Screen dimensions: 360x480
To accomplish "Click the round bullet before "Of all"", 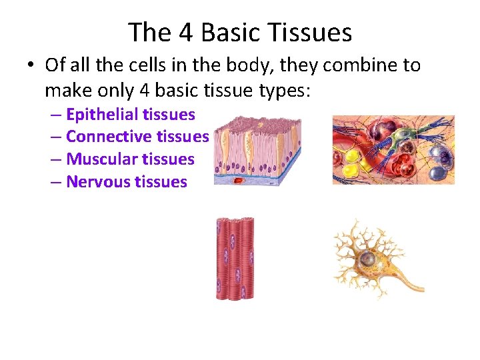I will (x=31, y=66).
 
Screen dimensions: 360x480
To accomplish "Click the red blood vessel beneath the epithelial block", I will (x=237, y=180).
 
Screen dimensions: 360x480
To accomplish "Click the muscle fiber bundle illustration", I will (x=235, y=258).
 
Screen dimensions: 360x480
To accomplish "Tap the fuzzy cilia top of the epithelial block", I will (x=257, y=123).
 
